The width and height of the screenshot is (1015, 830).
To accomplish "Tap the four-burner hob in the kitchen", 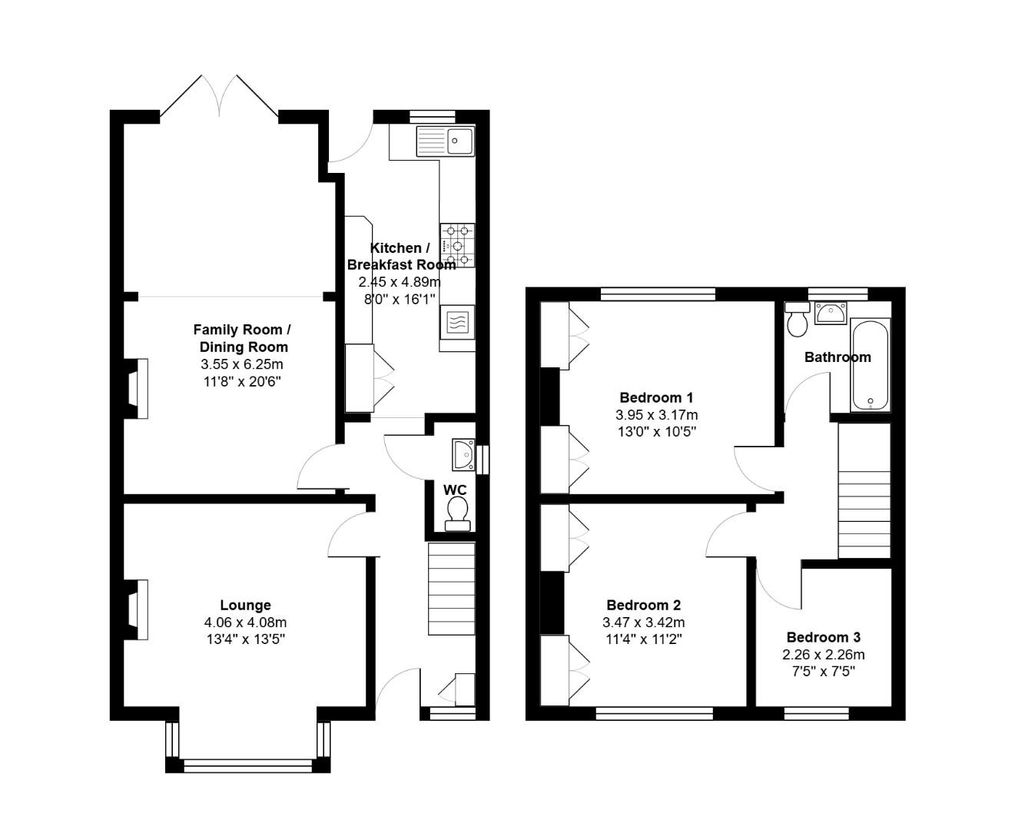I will click(x=457, y=245).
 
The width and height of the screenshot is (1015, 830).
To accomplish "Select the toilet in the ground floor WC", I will click(x=458, y=513).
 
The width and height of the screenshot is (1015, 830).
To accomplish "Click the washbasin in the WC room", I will click(x=463, y=454).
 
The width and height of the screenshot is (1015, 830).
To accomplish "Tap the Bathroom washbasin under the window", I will click(x=831, y=313).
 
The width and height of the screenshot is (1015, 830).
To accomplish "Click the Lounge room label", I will click(x=245, y=605).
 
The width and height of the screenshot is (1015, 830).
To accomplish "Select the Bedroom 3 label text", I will click(x=823, y=637).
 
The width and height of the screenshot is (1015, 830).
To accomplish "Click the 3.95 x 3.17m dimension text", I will click(x=656, y=414).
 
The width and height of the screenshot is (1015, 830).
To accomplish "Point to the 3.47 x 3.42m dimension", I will click(x=643, y=622).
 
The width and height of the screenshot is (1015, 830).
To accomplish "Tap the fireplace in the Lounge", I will click(x=136, y=609).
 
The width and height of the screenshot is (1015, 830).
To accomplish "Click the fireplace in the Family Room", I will click(x=136, y=389).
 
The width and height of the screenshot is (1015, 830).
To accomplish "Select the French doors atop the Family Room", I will click(x=219, y=98).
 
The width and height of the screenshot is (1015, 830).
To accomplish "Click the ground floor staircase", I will click(x=451, y=589).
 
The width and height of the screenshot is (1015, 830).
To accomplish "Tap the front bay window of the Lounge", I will click(x=248, y=765).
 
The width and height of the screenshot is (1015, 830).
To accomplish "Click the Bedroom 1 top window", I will click(x=658, y=293).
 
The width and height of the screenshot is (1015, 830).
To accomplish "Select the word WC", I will click(x=455, y=490).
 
